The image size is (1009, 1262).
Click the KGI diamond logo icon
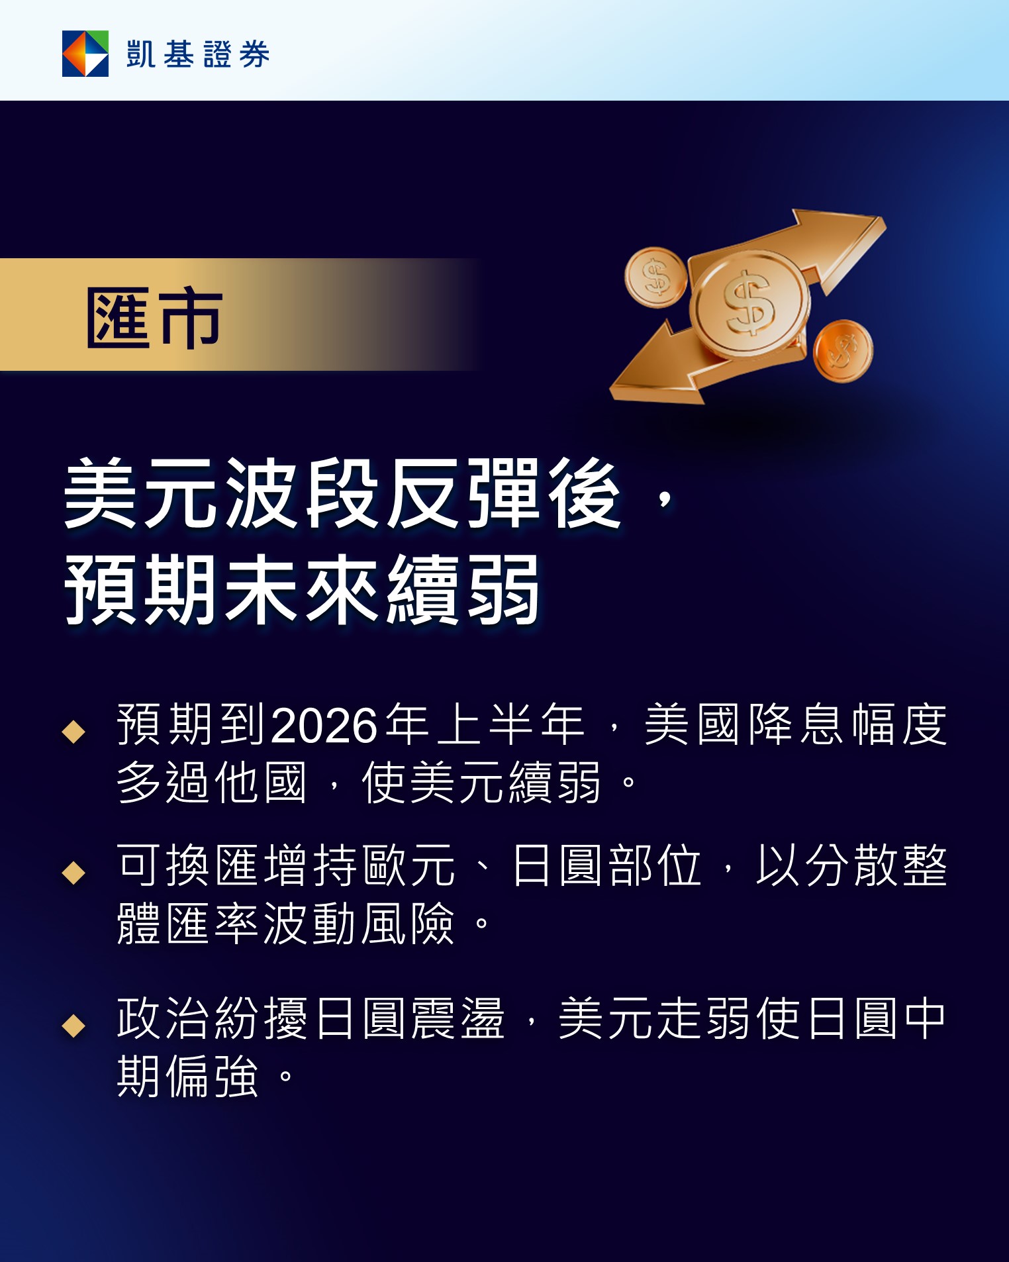pos(85,54)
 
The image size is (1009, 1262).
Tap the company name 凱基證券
pos(198,54)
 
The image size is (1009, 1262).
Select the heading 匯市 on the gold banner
pos(154,318)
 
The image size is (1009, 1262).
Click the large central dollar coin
pos(749,305)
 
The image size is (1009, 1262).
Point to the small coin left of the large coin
pos(655,277)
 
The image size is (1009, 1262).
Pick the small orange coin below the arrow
pos(843,351)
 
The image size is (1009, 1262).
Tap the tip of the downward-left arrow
pos(611,395)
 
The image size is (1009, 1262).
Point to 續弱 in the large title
pos(463,589)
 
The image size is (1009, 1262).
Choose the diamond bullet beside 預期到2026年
pos(73,732)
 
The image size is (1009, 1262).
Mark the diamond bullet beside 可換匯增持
pos(73,873)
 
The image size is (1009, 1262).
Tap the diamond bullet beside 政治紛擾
pos(73,1026)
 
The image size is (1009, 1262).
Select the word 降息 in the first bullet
pos(772,724)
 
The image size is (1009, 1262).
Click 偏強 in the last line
pos(212,1077)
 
